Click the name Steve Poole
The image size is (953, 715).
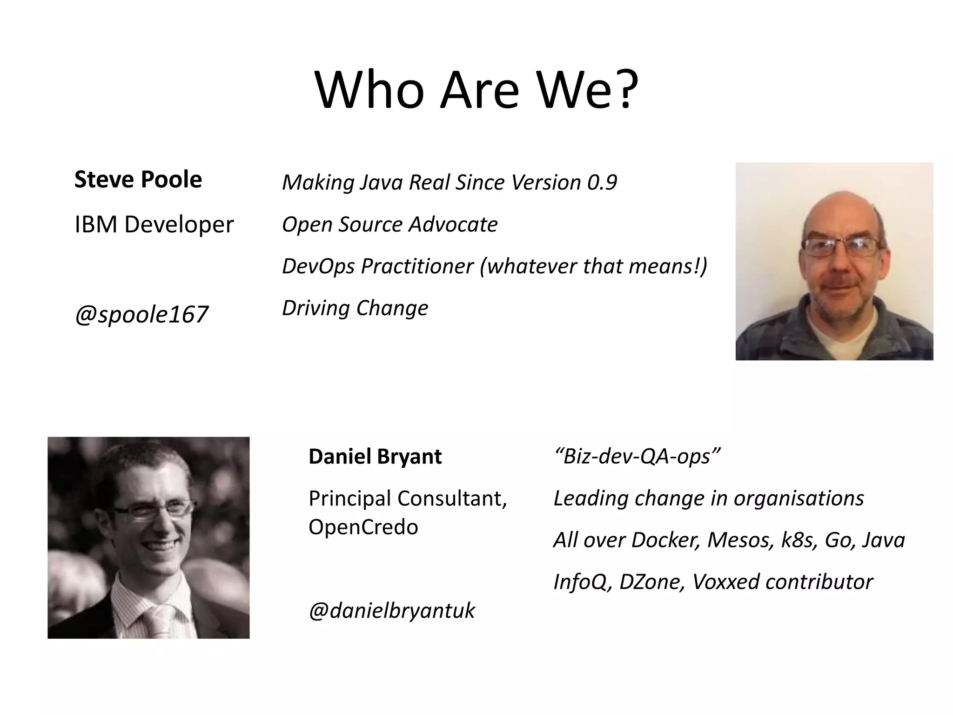[x=138, y=180]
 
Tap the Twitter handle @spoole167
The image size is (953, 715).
[x=141, y=314]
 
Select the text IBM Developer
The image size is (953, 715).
[x=154, y=225]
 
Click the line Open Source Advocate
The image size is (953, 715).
[x=389, y=224]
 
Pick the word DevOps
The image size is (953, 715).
[x=318, y=266]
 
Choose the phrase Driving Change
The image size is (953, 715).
[x=355, y=308]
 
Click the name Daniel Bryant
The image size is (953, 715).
[x=375, y=457]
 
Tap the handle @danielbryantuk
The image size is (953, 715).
[x=391, y=611]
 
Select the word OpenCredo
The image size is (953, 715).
[x=363, y=527]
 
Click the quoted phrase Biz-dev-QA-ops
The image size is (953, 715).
[x=637, y=456]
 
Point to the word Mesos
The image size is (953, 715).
[x=739, y=540]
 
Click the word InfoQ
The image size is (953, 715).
[x=582, y=582]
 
